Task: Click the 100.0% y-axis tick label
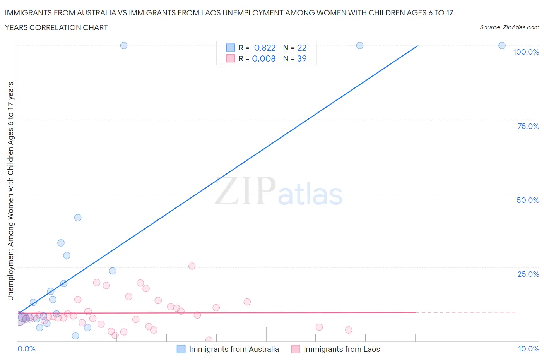point(526,52)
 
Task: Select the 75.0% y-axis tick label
point(528,126)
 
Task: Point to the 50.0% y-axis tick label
point(528,200)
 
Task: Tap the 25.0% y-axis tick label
point(528,274)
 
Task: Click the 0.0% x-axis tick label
point(26,349)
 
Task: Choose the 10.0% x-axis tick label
point(528,349)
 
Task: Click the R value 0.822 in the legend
point(265,48)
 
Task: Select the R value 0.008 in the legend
point(264,58)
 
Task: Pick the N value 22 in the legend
point(302,48)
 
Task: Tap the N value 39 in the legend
point(302,58)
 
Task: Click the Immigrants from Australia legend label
point(234,349)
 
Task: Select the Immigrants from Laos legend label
point(342,349)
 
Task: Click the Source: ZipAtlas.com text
point(509,27)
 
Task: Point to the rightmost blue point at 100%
point(502,45)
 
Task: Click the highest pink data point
point(192,266)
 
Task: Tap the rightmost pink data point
point(349,330)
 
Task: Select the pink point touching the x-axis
point(209,340)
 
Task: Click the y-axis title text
point(10,191)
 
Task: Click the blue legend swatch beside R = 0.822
point(230,48)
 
